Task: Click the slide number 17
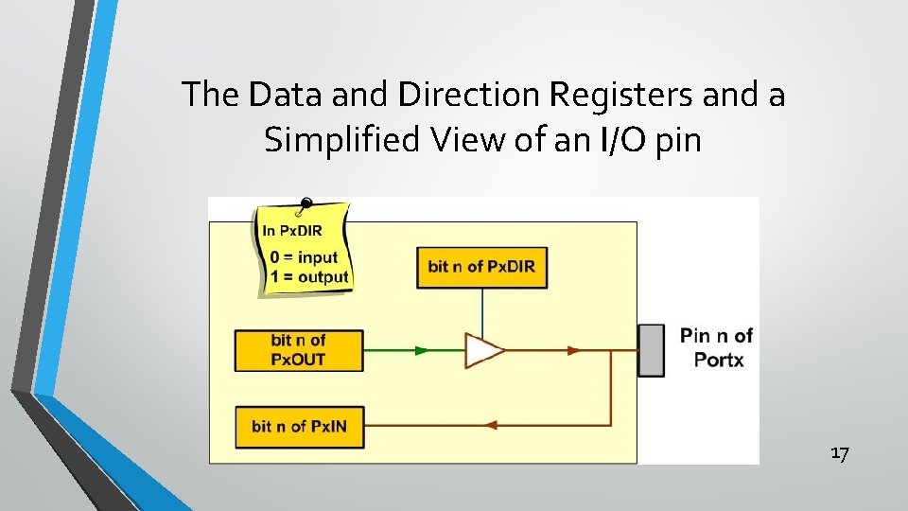tap(840, 454)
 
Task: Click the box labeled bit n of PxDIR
tap(481, 266)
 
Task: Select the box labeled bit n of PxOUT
tap(298, 349)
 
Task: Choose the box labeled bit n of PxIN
tap(298, 427)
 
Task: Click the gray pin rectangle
tap(651, 350)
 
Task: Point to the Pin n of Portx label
tap(716, 347)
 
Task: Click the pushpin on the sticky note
tap(305, 203)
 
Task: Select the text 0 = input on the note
tap(304, 257)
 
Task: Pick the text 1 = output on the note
tap(308, 276)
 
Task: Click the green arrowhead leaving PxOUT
tap(422, 349)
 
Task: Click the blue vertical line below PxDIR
tap(482, 309)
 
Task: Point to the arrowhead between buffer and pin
tap(573, 349)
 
